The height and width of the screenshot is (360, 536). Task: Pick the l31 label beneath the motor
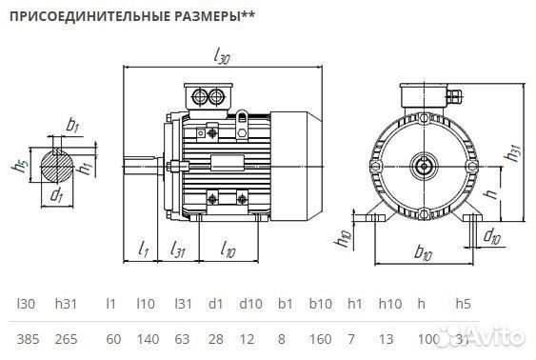(x=177, y=249)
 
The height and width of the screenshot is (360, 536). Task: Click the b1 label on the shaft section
(x=73, y=125)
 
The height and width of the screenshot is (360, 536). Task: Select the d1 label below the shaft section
(x=56, y=197)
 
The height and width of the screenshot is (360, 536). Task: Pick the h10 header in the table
(x=389, y=304)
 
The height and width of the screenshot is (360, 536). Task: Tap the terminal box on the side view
(x=209, y=96)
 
